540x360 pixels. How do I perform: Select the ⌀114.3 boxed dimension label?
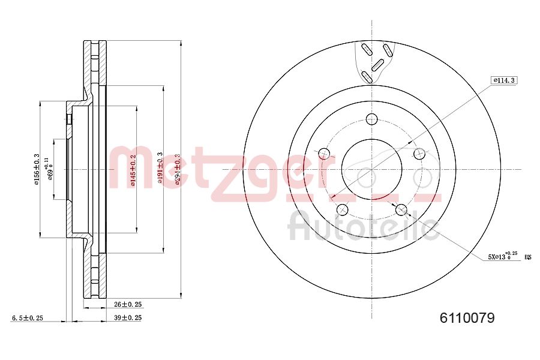click(503, 80)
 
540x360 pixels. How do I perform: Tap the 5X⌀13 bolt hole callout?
click(502, 257)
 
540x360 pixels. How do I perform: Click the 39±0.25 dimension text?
click(127, 318)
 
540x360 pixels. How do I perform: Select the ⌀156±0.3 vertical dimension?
click(37, 169)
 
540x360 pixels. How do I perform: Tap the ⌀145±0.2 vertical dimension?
click(133, 170)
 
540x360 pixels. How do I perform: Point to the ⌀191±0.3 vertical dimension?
click(160, 169)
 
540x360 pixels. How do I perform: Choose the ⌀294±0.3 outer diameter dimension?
click(177, 169)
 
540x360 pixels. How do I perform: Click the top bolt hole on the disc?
click(372, 118)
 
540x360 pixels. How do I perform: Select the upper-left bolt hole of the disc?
click(324, 153)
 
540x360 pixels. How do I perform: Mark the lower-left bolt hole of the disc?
click(343, 209)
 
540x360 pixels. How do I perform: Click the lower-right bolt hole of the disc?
click(401, 209)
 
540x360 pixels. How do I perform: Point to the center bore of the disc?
click(372, 169)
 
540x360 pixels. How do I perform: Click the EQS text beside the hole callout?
click(528, 257)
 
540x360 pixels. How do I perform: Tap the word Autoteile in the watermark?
click(363, 229)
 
